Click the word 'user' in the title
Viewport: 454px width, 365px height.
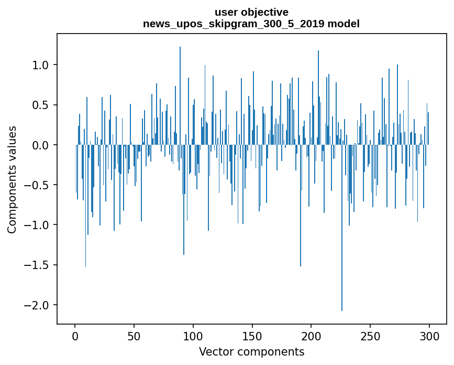click(226, 12)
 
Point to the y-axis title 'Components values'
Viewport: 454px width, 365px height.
click(12, 179)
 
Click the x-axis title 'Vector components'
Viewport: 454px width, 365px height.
click(251, 351)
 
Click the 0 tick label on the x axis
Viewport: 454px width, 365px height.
click(75, 336)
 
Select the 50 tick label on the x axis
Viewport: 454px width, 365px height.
click(134, 336)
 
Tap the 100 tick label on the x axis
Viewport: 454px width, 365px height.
click(193, 336)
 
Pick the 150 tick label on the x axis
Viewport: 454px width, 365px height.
click(252, 336)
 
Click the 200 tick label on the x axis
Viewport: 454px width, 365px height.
click(312, 336)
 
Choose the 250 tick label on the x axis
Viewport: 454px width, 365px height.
click(370, 336)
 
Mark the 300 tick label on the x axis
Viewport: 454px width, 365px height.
click(429, 336)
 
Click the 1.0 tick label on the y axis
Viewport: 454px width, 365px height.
click(41, 65)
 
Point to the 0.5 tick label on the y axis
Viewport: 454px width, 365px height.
click(41, 105)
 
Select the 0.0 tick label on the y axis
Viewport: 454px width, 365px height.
click(41, 145)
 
